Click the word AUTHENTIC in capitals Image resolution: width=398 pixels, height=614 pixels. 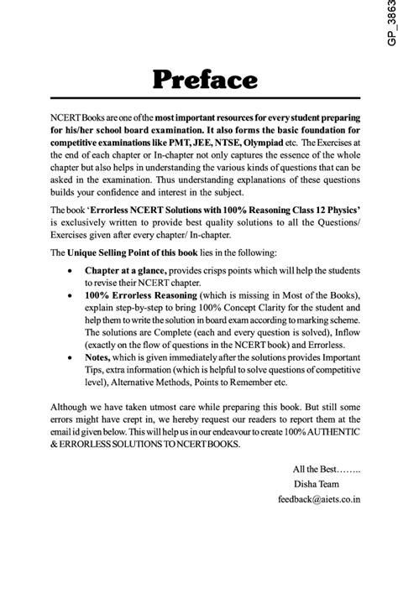click(341, 438)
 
